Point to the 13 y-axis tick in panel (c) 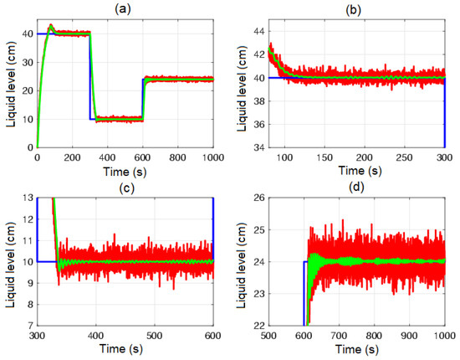pyautogui.click(x=28, y=198)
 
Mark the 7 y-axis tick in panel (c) pyautogui.click(x=30, y=324)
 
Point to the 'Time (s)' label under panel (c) pyautogui.click(x=125, y=347)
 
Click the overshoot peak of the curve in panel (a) pyautogui.click(x=51, y=25)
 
